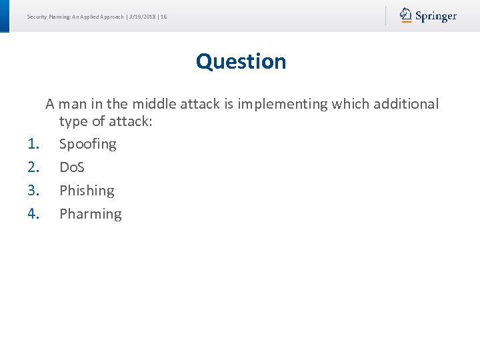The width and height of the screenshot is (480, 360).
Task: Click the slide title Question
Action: pyautogui.click(x=241, y=61)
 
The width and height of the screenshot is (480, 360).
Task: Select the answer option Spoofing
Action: pyautogui.click(x=87, y=144)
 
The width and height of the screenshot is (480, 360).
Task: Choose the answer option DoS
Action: pyautogui.click(x=72, y=167)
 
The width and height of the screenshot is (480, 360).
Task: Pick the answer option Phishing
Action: pyautogui.click(x=87, y=191)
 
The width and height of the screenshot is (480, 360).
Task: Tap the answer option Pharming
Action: pyautogui.click(x=90, y=214)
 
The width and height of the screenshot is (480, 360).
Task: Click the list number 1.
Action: pyautogui.click(x=34, y=144)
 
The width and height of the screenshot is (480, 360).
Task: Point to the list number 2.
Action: pyautogui.click(x=34, y=167)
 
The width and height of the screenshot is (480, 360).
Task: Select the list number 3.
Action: pyautogui.click(x=34, y=191)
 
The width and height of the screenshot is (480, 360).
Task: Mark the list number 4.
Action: pyautogui.click(x=34, y=214)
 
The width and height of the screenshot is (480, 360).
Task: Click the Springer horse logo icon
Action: pyautogui.click(x=406, y=15)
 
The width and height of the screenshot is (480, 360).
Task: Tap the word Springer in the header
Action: pyautogui.click(x=436, y=16)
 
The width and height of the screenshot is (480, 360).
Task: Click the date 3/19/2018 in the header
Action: pyautogui.click(x=142, y=17)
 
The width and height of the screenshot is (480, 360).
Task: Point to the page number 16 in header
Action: pyautogui.click(x=163, y=17)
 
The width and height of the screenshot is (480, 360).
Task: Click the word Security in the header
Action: pyautogui.click(x=37, y=17)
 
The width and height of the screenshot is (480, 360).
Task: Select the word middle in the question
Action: pyautogui.click(x=153, y=104)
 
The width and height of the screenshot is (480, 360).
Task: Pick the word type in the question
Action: pyautogui.click(x=73, y=121)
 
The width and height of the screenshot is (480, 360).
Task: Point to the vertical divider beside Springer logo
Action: pyautogui.click(x=385, y=15)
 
